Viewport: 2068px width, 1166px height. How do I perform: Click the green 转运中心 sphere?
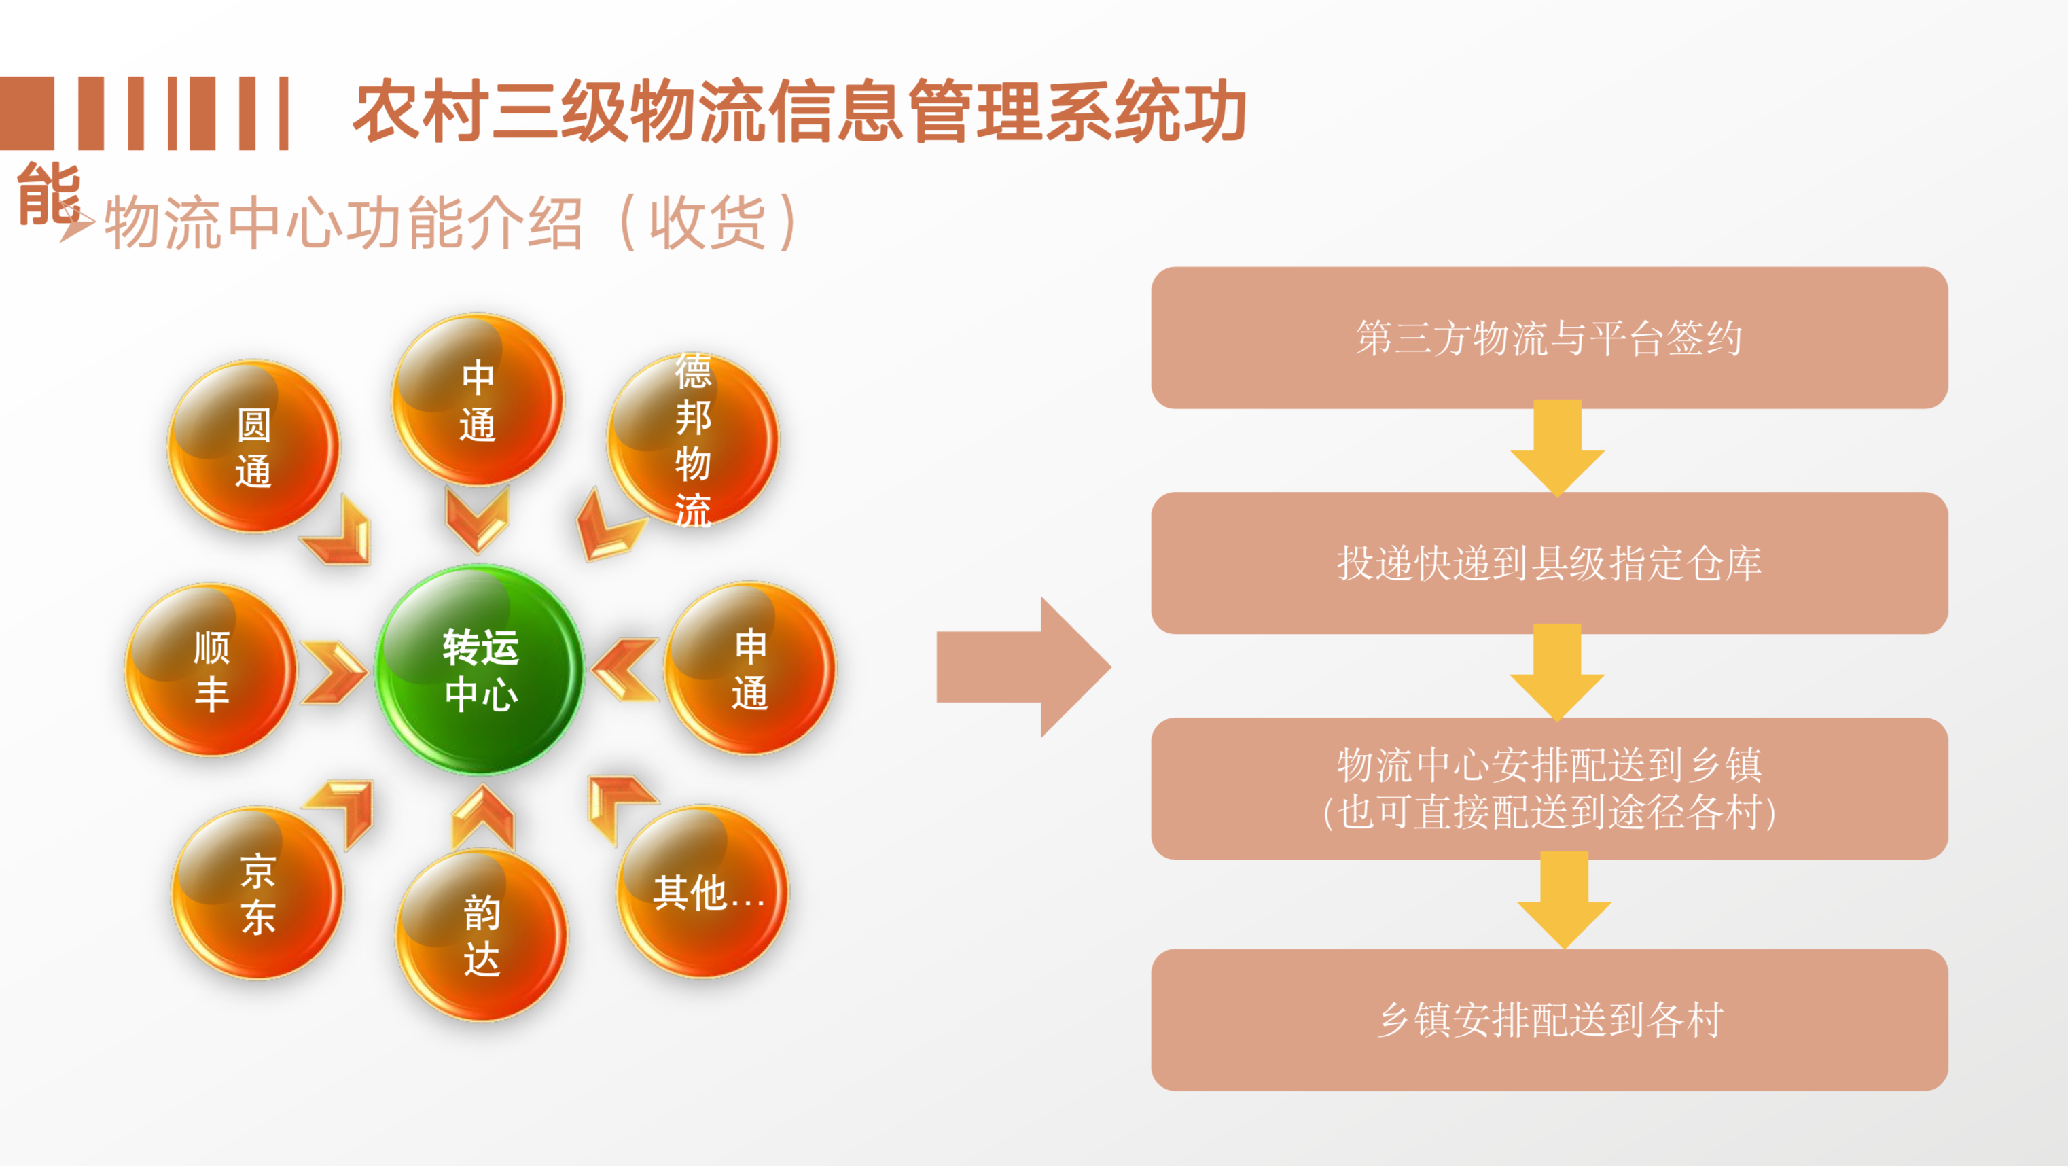(x=480, y=670)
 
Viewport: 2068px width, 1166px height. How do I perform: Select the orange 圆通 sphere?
(x=253, y=446)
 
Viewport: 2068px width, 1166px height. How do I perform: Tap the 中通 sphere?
(x=478, y=400)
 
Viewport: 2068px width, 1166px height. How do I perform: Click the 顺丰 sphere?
(x=211, y=670)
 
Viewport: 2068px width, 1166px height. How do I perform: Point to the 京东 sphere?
(x=257, y=893)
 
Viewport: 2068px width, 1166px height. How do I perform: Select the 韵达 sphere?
(x=481, y=936)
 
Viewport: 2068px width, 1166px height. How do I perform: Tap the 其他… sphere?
(x=703, y=891)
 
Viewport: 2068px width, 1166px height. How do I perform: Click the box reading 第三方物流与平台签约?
(x=1548, y=337)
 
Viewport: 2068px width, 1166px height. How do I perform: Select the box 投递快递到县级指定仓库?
(x=1548, y=563)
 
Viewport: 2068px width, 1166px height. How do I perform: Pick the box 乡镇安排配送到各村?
(x=1548, y=1019)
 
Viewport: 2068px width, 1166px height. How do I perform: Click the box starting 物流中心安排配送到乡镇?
(x=1548, y=788)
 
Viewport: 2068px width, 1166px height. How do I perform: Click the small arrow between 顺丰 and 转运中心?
(x=332, y=672)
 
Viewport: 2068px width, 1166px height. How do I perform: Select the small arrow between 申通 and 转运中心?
(x=626, y=670)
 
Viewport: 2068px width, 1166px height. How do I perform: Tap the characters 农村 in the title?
(x=421, y=112)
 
